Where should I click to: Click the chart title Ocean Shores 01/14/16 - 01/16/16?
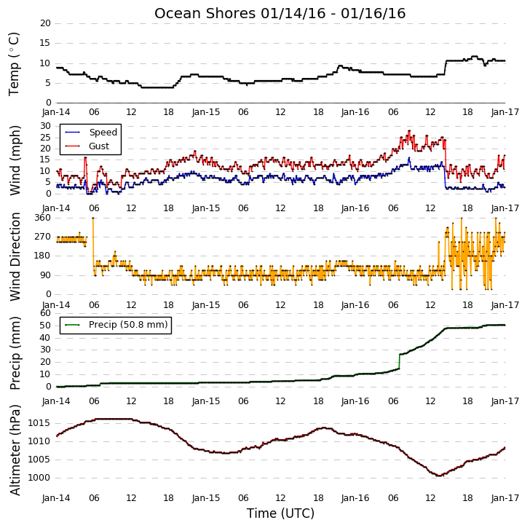tap(280, 13)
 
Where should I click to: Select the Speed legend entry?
tap(91, 133)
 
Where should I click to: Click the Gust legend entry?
tap(87, 146)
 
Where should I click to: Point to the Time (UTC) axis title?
tap(280, 513)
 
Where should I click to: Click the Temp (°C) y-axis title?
tap(14, 64)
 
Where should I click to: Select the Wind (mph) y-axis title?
tap(15, 160)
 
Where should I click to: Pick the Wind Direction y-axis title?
tap(15, 256)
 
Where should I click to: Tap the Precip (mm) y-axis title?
tap(15, 353)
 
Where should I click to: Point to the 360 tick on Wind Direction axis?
tap(43, 218)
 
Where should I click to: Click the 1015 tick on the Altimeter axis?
tap(39, 423)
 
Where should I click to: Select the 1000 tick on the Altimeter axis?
tap(39, 478)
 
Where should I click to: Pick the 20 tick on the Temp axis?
tap(45, 23)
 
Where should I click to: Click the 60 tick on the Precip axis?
tap(45, 313)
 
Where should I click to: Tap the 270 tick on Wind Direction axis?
tap(43, 237)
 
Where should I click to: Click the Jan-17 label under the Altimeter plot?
tap(505, 497)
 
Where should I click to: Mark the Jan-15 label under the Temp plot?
tap(206, 112)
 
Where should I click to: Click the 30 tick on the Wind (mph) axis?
tap(45, 126)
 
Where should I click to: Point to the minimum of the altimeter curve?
tap(439, 476)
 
